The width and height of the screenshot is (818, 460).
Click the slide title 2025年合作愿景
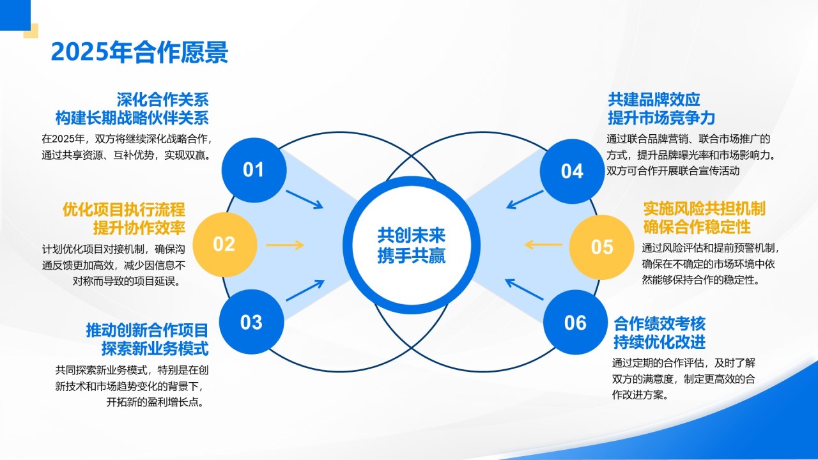[139, 52]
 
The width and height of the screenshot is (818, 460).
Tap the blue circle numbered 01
[254, 169]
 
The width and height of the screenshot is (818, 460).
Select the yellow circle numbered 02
[224, 244]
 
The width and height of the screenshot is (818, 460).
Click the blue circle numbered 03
[251, 322]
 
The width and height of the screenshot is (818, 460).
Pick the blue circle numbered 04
[572, 171]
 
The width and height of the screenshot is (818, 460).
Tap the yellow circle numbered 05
[601, 247]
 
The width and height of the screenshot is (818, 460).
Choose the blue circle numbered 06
[575, 323]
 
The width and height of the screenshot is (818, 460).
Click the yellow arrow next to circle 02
[284, 245]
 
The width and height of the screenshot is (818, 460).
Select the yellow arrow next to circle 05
[543, 244]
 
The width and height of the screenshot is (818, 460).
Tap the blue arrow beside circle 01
[304, 199]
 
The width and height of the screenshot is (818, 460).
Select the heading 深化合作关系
[162, 100]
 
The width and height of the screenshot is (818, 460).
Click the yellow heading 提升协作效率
[139, 227]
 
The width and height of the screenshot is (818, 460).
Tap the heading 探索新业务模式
[155, 349]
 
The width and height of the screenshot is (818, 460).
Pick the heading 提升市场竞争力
[661, 118]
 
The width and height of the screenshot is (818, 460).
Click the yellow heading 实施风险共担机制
[704, 209]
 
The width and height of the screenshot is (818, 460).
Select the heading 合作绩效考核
[660, 323]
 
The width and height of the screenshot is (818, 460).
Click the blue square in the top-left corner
[15, 15]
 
